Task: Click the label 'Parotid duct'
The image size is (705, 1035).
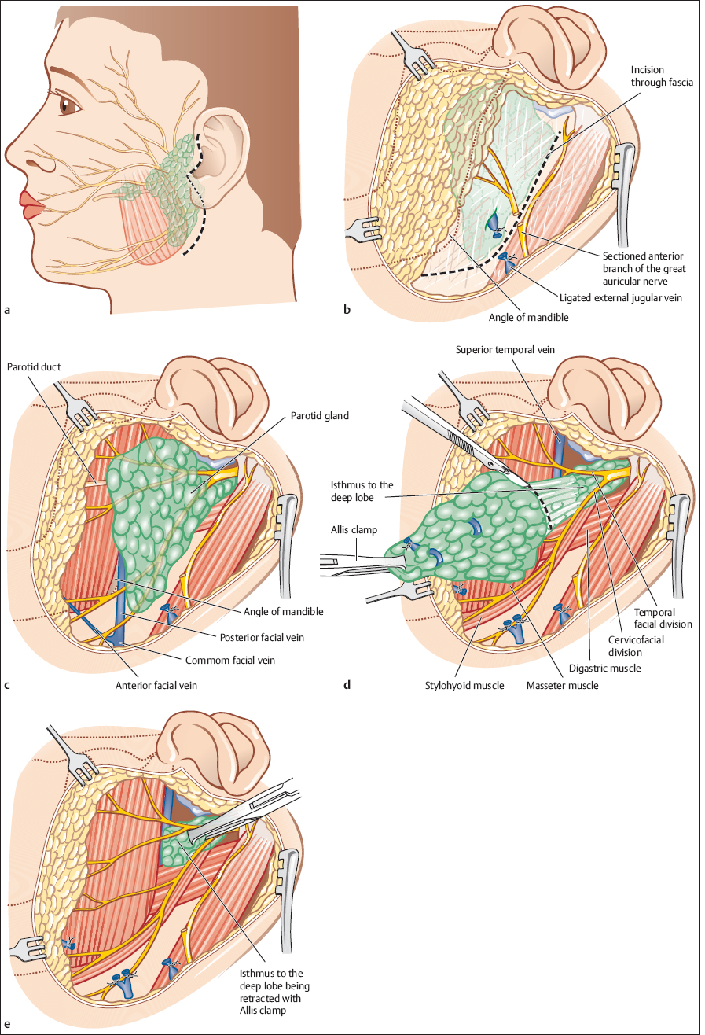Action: click(34, 366)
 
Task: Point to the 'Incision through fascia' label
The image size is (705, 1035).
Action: click(661, 77)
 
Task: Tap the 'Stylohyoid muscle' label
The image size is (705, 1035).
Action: click(453, 685)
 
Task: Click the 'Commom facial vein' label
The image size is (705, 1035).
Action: click(233, 661)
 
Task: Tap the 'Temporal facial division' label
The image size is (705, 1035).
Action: click(663, 617)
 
